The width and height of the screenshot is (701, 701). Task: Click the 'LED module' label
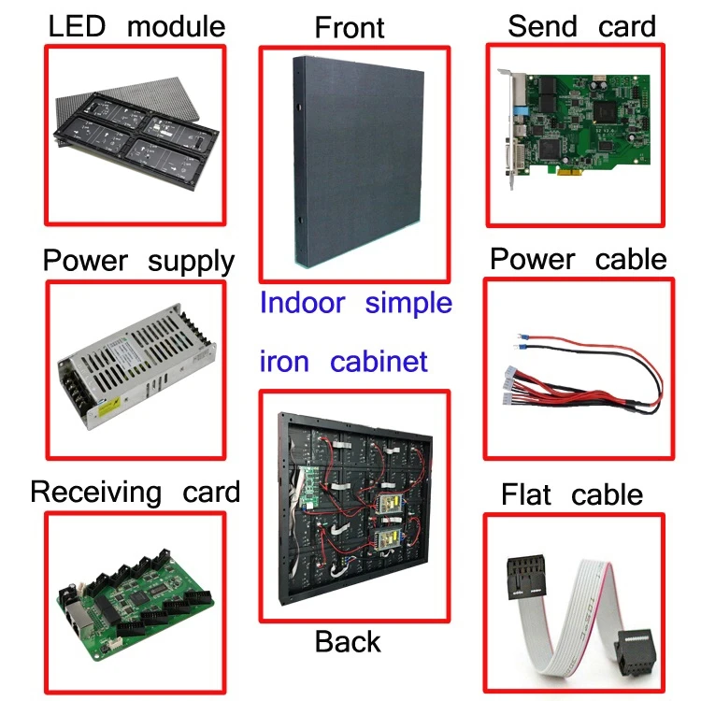click(136, 26)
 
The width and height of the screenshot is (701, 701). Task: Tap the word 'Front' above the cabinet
click(350, 27)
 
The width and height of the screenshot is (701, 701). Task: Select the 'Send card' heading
click(581, 26)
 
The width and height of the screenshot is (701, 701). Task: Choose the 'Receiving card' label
click(136, 492)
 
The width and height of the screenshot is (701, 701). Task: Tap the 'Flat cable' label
click(572, 494)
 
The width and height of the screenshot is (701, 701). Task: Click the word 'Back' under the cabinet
click(348, 642)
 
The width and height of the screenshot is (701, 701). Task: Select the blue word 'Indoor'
click(302, 304)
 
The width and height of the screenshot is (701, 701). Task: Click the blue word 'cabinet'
click(379, 361)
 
